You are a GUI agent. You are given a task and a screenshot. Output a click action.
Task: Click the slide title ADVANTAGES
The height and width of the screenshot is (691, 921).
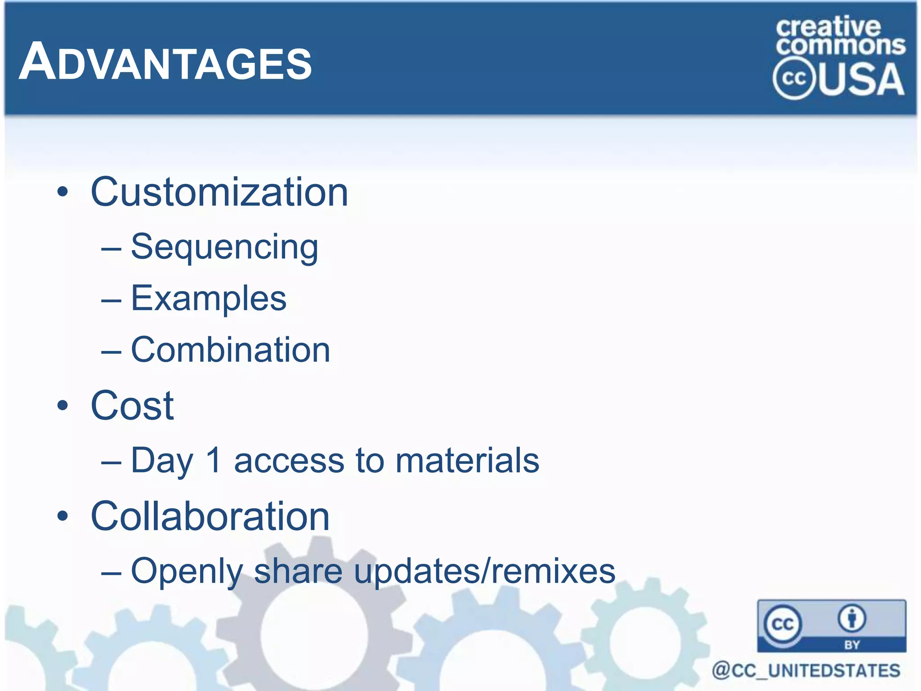[165, 62]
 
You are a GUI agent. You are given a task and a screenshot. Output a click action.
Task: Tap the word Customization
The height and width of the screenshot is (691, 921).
[219, 192]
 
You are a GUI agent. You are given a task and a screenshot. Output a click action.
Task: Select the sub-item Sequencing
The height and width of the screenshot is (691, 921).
[224, 247]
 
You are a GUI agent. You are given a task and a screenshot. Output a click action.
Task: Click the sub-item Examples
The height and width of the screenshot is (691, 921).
[208, 298]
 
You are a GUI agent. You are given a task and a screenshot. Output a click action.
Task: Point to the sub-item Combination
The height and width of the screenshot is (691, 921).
[230, 350]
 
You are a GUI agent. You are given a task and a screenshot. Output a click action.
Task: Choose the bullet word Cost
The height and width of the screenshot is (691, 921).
[132, 405]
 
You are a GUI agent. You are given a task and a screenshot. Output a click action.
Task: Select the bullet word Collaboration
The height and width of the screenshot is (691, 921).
[210, 516]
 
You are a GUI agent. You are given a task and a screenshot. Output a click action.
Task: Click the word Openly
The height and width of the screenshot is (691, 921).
[187, 571]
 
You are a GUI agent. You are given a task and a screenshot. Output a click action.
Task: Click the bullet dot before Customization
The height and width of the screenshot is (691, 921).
[63, 193]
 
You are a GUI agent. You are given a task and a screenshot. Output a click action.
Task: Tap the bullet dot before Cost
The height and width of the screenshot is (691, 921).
[63, 406]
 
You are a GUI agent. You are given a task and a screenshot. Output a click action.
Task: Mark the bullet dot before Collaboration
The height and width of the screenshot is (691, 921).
[63, 516]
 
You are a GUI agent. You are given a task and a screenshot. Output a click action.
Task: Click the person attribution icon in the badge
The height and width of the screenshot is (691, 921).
[851, 619]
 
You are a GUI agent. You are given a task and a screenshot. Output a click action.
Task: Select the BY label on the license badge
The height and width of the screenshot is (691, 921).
[852, 645]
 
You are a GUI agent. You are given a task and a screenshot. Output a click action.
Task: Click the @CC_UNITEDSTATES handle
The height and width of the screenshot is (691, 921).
[806, 670]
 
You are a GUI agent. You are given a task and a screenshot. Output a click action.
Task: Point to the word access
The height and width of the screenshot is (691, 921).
[289, 461]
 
